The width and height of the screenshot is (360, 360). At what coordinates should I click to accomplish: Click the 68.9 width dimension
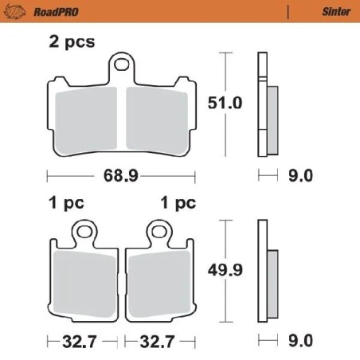point(119,174)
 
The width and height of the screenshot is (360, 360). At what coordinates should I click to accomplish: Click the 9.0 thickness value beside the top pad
point(303,174)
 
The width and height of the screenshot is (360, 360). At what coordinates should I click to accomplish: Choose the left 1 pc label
point(65,202)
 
